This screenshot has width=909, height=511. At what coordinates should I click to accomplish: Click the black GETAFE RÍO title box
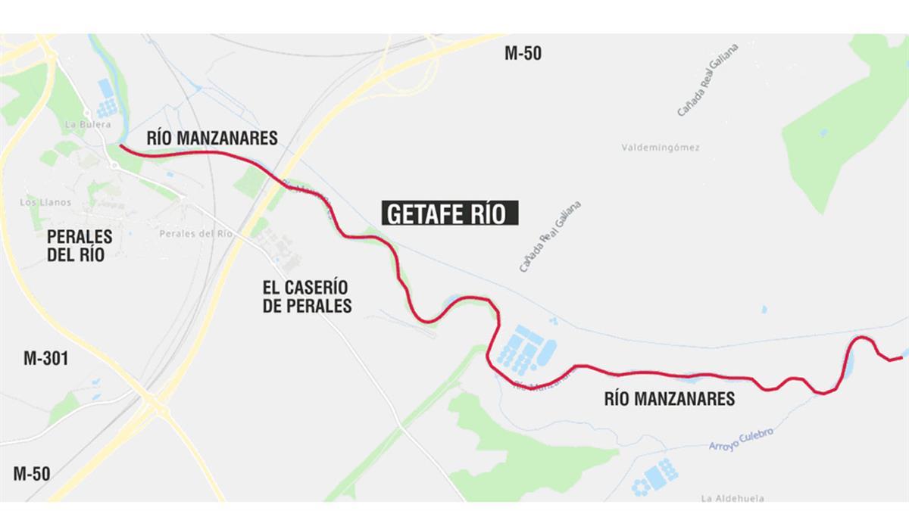(x=451, y=213)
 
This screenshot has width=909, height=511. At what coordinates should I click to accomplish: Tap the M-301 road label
(x=46, y=358)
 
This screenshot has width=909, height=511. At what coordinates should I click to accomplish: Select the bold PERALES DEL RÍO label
(x=80, y=245)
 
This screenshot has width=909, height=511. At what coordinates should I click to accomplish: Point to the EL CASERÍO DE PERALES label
(x=307, y=297)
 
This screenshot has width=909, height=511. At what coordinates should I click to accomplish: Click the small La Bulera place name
(x=89, y=124)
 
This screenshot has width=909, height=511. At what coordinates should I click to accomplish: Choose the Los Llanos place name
(x=47, y=202)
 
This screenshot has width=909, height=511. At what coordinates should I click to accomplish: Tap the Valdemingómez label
(x=660, y=148)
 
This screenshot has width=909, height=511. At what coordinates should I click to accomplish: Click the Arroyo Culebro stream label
(x=741, y=440)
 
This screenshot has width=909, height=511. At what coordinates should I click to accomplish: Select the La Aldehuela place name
(x=732, y=498)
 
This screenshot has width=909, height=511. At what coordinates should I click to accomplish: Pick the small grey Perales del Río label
(x=195, y=234)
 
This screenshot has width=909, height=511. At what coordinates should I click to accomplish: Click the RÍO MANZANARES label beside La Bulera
(x=201, y=138)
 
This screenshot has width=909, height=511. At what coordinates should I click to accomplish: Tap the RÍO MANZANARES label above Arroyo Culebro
(x=669, y=398)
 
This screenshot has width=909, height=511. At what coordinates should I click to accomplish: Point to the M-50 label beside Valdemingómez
(x=523, y=54)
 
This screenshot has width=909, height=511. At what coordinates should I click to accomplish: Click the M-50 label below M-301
(x=32, y=474)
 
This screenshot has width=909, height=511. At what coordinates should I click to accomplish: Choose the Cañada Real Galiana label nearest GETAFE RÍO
(x=550, y=236)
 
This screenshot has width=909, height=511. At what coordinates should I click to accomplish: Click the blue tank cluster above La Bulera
(x=107, y=99)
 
